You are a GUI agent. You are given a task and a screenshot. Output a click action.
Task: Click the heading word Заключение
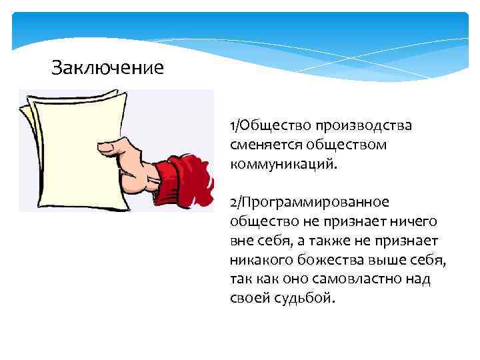[x=107, y=68]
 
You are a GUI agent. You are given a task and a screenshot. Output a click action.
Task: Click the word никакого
[x=261, y=259]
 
